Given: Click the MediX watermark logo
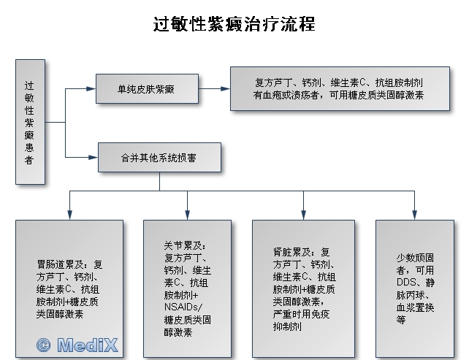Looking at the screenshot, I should (x=78, y=345).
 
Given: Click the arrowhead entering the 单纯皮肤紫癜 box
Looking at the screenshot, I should (x=93, y=88).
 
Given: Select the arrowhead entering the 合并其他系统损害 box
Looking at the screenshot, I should (x=93, y=156).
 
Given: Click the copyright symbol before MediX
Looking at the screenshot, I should (x=44, y=345).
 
